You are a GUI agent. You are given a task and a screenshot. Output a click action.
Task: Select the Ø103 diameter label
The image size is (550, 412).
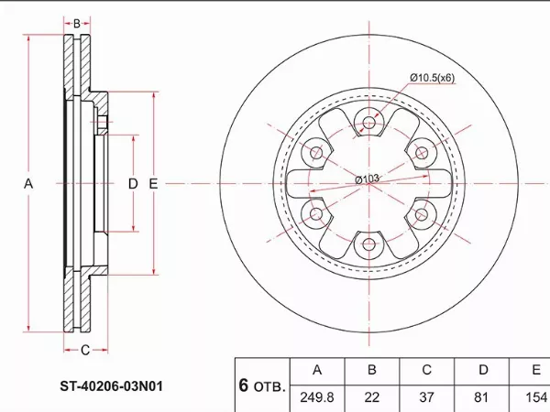click(x=368, y=179)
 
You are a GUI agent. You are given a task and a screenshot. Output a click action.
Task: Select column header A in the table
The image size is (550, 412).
click(x=316, y=371)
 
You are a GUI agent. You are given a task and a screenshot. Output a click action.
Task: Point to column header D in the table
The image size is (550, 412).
click(x=482, y=371)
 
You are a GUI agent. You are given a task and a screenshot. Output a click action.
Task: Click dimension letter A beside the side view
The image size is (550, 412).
click(x=28, y=184)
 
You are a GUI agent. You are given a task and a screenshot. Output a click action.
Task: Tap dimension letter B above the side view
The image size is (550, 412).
click(x=78, y=22)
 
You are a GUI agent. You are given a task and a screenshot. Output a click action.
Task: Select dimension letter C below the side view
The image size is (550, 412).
click(x=84, y=349)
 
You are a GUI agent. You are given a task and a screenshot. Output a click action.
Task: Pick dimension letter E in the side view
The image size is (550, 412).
click(x=153, y=184)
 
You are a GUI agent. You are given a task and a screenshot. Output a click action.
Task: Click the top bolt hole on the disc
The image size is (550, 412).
click(x=369, y=122)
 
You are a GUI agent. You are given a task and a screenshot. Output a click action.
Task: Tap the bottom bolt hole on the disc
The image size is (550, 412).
click(x=369, y=244)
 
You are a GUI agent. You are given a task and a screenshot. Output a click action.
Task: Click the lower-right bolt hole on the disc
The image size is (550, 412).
click(x=422, y=214)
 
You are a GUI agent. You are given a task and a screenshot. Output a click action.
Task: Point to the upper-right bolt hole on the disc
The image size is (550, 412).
click(x=422, y=152)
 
